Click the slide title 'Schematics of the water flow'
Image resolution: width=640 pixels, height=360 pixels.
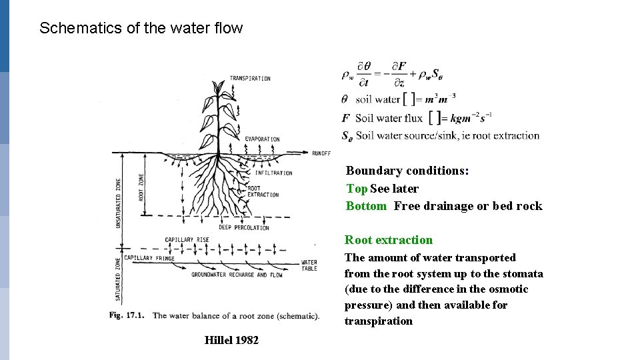[x=141, y=29]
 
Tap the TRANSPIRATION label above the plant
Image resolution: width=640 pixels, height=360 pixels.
[x=250, y=79]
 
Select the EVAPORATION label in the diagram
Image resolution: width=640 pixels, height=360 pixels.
[x=262, y=139]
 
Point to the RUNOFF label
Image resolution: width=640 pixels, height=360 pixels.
[x=321, y=153]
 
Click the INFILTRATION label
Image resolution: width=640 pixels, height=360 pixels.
[x=273, y=173]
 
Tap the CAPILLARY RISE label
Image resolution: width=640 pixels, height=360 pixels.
[x=187, y=240]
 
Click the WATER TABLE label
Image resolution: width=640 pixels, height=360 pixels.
[x=309, y=266]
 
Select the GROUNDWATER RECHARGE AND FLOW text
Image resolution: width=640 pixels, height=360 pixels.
[x=237, y=275]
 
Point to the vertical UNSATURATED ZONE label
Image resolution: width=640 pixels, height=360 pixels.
[x=119, y=203]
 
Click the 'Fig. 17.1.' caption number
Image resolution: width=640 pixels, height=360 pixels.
[x=129, y=315]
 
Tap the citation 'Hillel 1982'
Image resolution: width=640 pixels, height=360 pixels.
[x=231, y=341]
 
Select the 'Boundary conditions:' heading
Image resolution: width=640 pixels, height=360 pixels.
[x=407, y=171]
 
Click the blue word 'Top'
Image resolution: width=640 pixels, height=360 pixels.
[x=357, y=189]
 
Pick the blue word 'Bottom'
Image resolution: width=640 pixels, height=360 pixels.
[x=366, y=206]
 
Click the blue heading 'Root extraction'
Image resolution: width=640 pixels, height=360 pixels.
[x=389, y=240]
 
